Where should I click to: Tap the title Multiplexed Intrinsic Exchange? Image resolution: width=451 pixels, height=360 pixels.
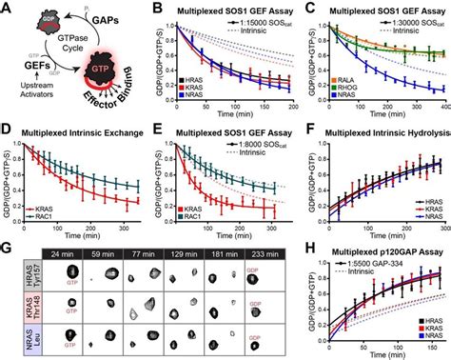87,130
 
